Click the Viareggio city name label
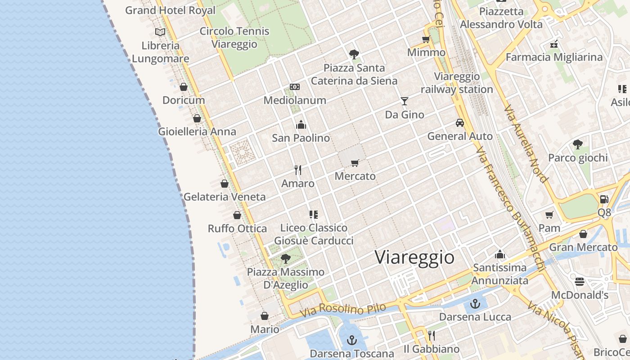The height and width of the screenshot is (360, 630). tap(414, 257)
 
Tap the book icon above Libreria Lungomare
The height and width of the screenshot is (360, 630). tap(160, 32)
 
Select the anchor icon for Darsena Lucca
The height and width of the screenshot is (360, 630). tap(475, 304)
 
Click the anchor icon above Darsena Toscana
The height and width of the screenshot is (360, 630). tap(352, 340)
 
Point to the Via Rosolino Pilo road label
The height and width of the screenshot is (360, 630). tap(343, 310)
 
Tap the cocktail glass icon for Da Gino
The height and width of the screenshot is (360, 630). tap(405, 101)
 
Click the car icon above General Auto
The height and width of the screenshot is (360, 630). tap(460, 122)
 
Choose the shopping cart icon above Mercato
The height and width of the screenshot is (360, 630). tap(355, 163)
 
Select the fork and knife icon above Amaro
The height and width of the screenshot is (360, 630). tap(297, 170)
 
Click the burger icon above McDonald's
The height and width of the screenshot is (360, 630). tap(580, 282)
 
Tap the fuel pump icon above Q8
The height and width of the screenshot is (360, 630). tap(604, 199)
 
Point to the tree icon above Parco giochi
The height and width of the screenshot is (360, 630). tap(578, 144)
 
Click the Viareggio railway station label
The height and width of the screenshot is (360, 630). tap(457, 83)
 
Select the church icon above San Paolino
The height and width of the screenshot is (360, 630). tap(301, 125)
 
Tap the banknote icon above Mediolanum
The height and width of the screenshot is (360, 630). tap(295, 86)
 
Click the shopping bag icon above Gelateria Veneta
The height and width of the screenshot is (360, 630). tap(224, 184)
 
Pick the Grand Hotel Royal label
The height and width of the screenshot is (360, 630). tap(170, 10)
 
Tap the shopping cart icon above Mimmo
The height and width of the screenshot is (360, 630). tap(426, 39)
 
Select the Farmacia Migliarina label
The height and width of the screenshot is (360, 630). tap(554, 57)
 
